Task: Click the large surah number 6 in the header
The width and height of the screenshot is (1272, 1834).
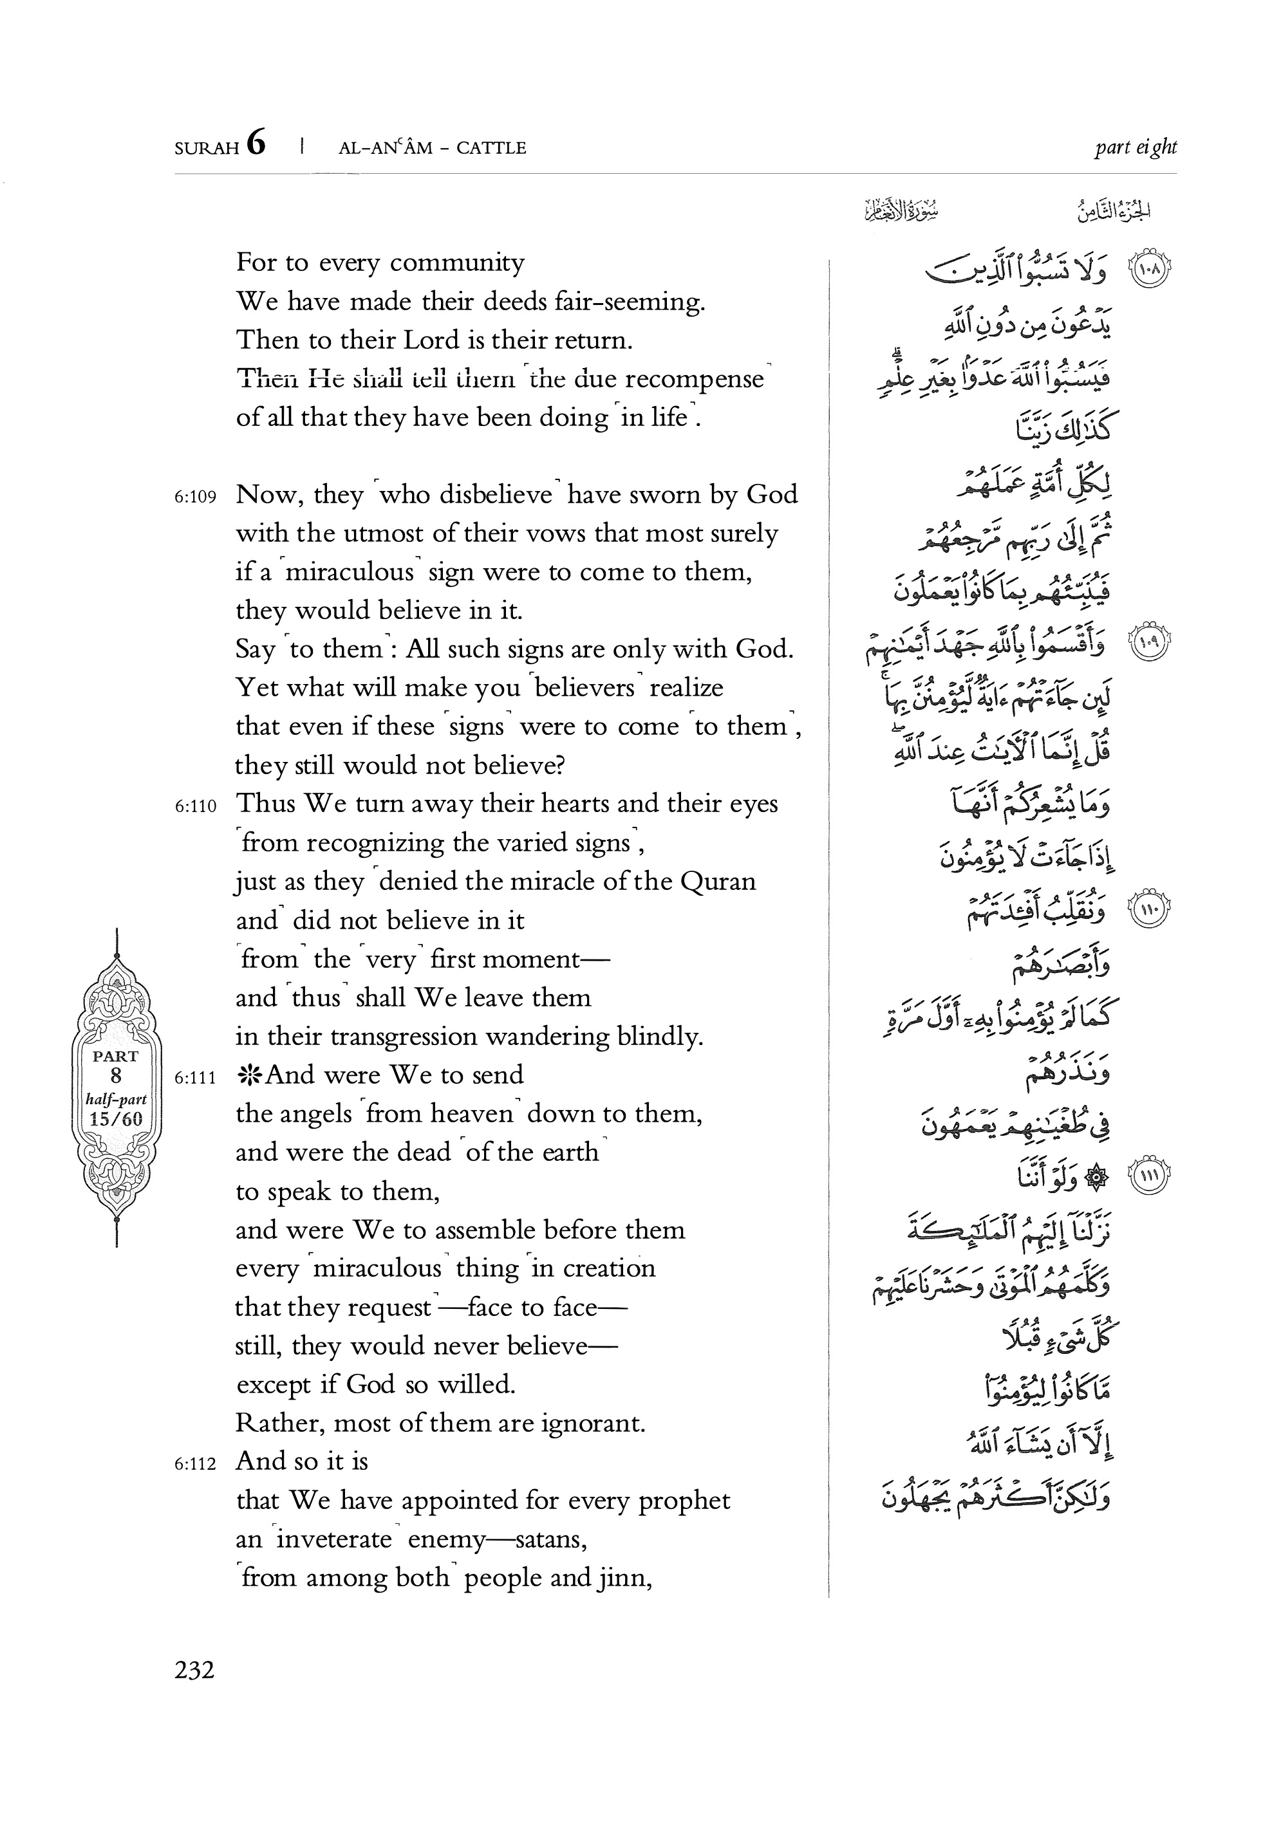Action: point(256,144)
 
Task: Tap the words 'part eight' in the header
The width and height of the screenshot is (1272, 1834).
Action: point(1135,147)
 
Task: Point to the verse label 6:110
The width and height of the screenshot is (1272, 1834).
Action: point(195,806)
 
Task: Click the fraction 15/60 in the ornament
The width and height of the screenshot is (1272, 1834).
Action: point(117,1118)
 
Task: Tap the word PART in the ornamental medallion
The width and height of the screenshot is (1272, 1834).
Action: point(117,1057)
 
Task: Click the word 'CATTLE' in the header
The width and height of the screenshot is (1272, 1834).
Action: point(491,148)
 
